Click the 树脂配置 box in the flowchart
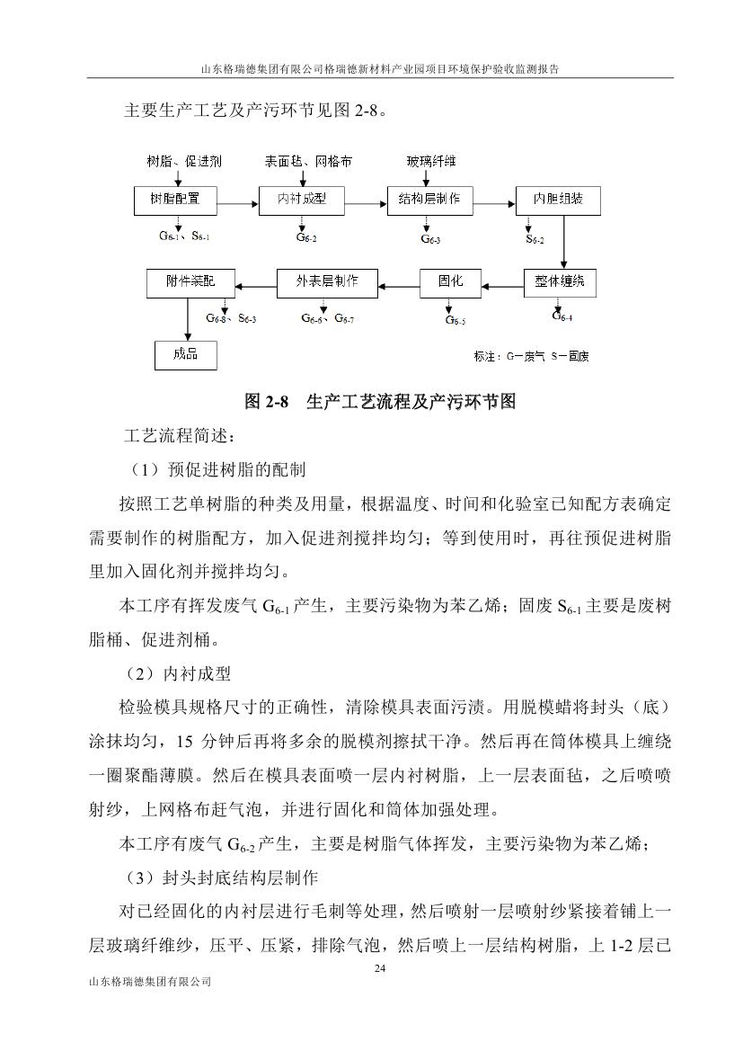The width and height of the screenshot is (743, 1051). coord(175,200)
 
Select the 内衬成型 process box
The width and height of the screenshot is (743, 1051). coord(301,200)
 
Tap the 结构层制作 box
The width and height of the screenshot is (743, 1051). coord(429,200)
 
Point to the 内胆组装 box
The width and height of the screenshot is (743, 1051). coord(558,200)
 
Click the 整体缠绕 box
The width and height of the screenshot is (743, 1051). coord(560,282)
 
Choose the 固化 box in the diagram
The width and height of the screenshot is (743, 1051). coord(450,282)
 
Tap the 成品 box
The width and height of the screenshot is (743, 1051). coord(186,354)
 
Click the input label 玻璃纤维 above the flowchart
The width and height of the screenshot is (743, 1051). coord(431,162)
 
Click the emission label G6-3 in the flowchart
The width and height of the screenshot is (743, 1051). coord(430,239)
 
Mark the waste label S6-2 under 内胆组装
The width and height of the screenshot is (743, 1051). coord(535,239)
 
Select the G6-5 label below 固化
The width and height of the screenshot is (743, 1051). coord(456,320)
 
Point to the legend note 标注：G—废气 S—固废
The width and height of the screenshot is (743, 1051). coord(532,357)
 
